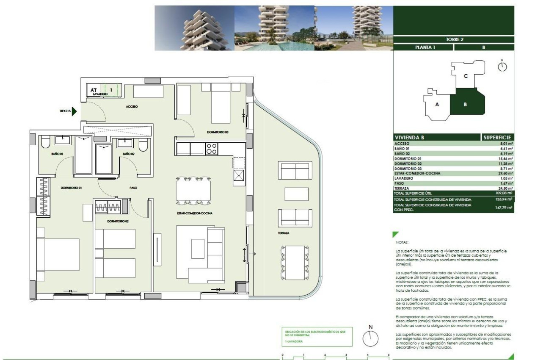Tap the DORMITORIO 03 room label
pyautogui.click(x=218, y=132)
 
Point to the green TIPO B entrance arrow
pyautogui.click(x=74, y=111)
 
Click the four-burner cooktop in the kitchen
pyautogui.click(x=211, y=149)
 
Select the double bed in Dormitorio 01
pyautogui.click(x=58, y=255)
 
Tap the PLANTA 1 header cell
pyautogui.click(x=423, y=47)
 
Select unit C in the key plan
pyautogui.click(x=465, y=76)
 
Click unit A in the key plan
pyautogui.click(x=437, y=105)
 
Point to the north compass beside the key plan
pyautogui.click(x=502, y=66)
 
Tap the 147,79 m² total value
pyautogui.click(x=504, y=208)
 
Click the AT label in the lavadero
pyautogui.click(x=94, y=90)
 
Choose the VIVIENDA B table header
pyautogui.click(x=409, y=138)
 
